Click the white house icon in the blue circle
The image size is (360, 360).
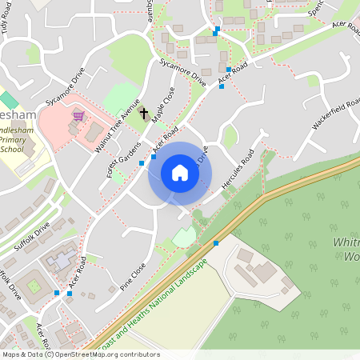180,173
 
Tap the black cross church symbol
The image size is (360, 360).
144,114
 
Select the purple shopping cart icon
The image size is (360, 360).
78,115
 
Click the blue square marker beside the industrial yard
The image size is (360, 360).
216,242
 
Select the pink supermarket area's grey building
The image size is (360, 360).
94,129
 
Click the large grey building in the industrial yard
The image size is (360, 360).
264,272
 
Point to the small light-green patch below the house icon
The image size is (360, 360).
184,236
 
